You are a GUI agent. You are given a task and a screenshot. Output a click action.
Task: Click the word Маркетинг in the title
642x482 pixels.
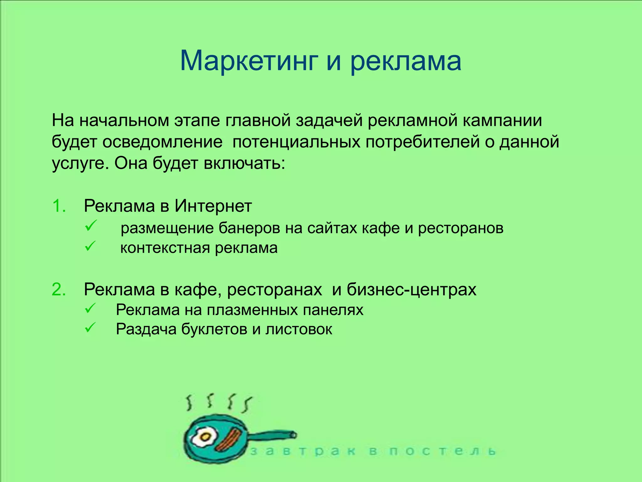(x=249, y=61)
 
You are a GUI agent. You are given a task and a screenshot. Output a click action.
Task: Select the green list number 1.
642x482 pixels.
(x=59, y=206)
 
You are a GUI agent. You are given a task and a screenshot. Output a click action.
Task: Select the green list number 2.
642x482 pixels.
(x=59, y=289)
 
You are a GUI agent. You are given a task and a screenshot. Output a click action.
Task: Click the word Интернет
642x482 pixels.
(x=213, y=206)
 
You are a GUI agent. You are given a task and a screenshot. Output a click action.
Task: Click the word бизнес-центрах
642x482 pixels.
(x=411, y=289)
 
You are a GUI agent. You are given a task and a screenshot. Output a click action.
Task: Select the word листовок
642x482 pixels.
(x=299, y=329)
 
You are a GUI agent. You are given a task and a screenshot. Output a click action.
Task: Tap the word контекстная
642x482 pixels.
(x=165, y=248)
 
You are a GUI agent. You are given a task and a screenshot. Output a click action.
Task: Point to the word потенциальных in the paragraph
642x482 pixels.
(x=296, y=142)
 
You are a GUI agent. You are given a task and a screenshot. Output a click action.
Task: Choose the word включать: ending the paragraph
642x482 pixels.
(x=245, y=163)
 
